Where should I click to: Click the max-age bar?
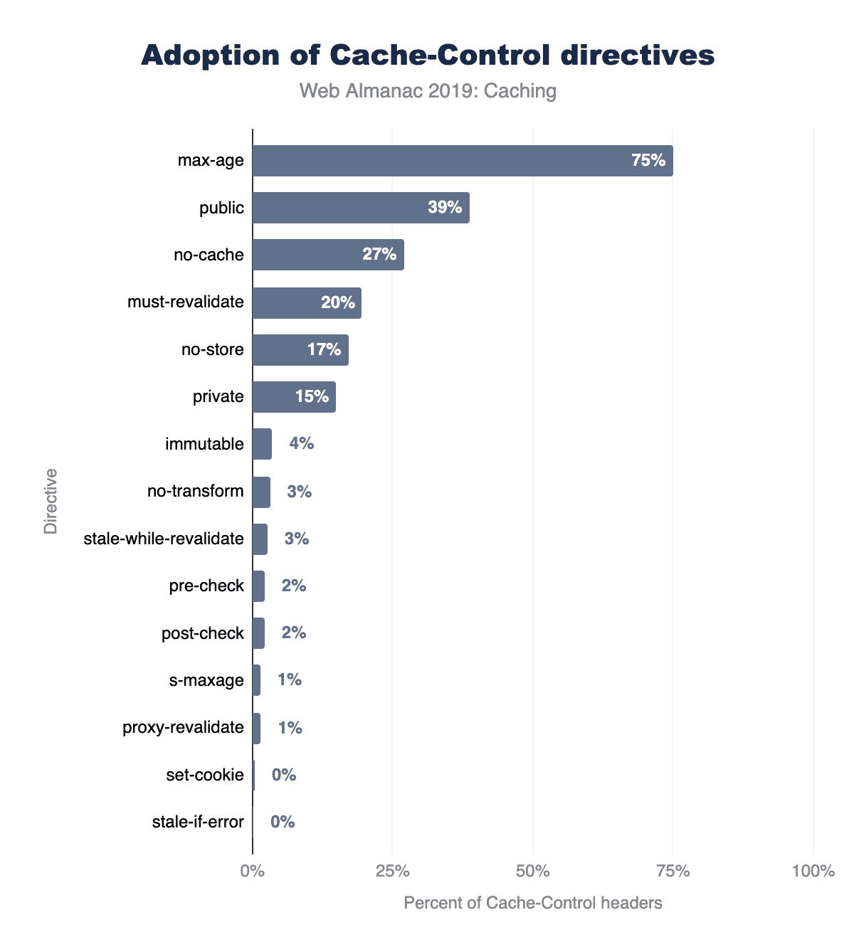pos(463,161)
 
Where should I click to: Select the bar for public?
pos(361,208)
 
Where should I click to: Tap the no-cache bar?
pos(328,255)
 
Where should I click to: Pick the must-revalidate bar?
pos(307,302)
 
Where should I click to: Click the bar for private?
pos(294,397)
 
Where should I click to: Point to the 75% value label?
pos(648,161)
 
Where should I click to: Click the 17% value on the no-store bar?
pos(324,350)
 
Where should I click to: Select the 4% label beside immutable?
pos(301,444)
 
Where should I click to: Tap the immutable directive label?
pos(204,444)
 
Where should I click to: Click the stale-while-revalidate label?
pos(164,539)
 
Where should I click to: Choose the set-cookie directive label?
pos(205,775)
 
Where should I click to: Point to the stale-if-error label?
pos(198,822)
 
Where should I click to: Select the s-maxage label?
pos(206,680)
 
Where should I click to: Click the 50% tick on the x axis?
pos(533,871)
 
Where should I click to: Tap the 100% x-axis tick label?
pos(813,871)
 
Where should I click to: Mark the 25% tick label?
pos(392,871)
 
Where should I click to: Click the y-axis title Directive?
pos(51,501)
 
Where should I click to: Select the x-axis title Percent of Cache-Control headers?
pos(533,903)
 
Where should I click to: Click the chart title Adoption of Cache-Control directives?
pos(428,55)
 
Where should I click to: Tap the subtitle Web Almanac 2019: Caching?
pos(428,91)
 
